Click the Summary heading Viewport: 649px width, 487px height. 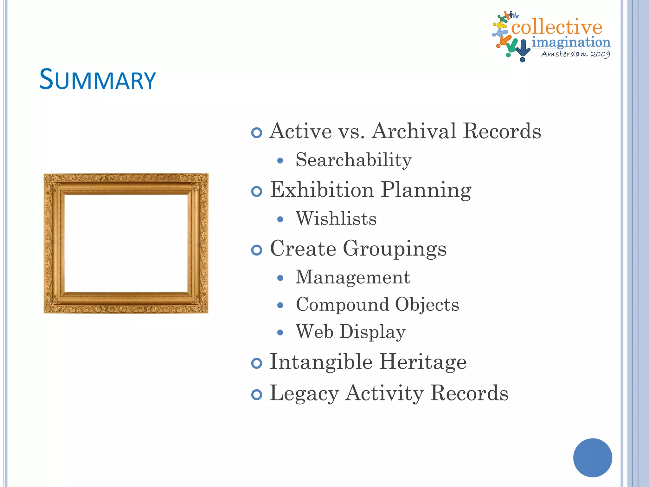pyautogui.click(x=98, y=80)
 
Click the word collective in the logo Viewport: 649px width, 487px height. pyautogui.click(x=556, y=27)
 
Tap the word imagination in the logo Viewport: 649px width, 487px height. pyautogui.click(x=571, y=42)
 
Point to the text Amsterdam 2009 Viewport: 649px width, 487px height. pyautogui.click(x=575, y=54)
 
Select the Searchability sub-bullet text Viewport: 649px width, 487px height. pyautogui.click(x=354, y=160)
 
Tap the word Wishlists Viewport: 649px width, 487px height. pyautogui.click(x=336, y=218)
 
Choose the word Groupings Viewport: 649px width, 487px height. pyautogui.click(x=395, y=249)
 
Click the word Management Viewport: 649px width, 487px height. pyautogui.click(x=353, y=277)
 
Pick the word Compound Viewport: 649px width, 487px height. pyautogui.click(x=342, y=305)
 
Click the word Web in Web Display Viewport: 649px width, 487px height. pyautogui.click(x=314, y=332)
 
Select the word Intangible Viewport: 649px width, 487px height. pyautogui.click(x=321, y=362)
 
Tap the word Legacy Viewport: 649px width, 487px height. pyautogui.click(x=304, y=393)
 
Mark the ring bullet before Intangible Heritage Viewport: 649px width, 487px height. pyautogui.click(x=257, y=363)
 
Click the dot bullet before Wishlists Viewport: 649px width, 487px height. pyautogui.click(x=280, y=219)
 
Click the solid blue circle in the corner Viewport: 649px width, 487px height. pyautogui.click(x=592, y=458)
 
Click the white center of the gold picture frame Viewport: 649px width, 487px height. pyautogui.click(x=126, y=243)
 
